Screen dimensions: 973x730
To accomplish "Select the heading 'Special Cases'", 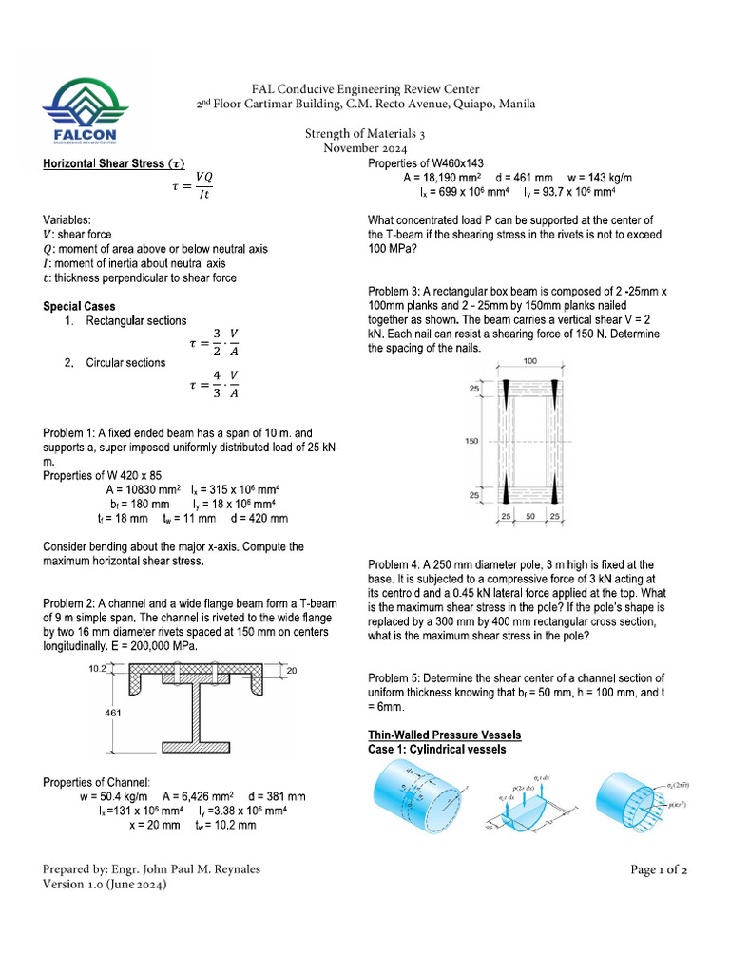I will [x=80, y=307].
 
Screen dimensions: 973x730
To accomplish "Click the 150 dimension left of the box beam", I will [x=472, y=441].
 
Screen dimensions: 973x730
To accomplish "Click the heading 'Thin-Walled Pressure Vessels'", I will [x=444, y=735].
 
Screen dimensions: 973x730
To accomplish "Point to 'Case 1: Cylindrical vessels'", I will [x=436, y=749].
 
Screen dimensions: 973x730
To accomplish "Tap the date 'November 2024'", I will [x=365, y=149].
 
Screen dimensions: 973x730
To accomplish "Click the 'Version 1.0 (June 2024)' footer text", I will [x=106, y=885].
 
